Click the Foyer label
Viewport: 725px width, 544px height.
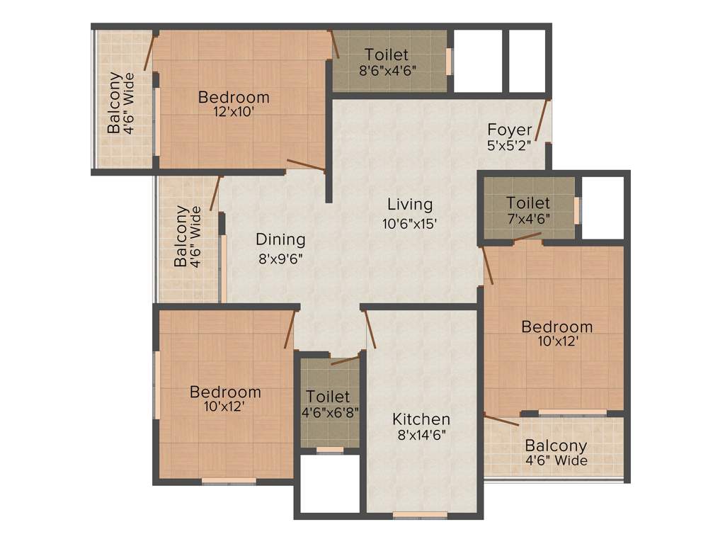[510, 130]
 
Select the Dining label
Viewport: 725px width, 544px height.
[280, 239]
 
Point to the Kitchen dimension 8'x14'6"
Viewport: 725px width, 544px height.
[421, 435]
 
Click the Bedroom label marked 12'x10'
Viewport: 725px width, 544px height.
[234, 97]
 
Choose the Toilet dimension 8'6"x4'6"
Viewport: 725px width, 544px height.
[387, 69]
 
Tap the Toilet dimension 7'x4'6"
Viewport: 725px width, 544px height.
[528, 218]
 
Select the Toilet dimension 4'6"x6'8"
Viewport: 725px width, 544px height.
[328, 412]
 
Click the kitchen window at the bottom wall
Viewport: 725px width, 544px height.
[421, 514]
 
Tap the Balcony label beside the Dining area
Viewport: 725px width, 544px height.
[182, 236]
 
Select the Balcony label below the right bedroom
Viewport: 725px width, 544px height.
[556, 446]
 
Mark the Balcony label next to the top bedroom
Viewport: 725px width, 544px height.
[114, 103]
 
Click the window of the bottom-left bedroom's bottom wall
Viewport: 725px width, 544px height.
[229, 481]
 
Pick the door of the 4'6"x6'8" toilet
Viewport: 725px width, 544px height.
[345, 360]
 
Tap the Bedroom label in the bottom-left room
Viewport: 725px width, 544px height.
[225, 392]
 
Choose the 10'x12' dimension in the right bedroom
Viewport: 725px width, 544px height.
[557, 341]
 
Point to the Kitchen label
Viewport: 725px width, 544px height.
[421, 419]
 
